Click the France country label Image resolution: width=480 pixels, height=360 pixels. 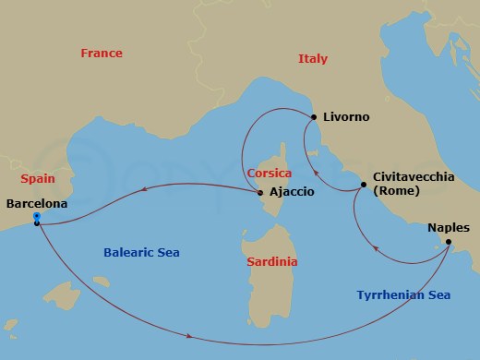pyautogui.click(x=101, y=54)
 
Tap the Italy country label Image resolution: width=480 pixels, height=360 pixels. pyautogui.click(x=313, y=59)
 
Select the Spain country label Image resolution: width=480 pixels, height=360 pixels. pyautogui.click(x=37, y=179)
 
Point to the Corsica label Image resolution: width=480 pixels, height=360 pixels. pyautogui.click(x=270, y=174)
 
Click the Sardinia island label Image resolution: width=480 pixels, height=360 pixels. pyautogui.click(x=272, y=262)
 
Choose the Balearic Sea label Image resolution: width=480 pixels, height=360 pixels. pyautogui.click(x=142, y=252)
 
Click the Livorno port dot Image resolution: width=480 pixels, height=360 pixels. pyautogui.click(x=314, y=117)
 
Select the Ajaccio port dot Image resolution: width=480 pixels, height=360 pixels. pyautogui.click(x=260, y=193)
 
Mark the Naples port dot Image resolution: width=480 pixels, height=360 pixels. pyautogui.click(x=449, y=243)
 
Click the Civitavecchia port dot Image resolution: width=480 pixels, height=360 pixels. pyautogui.click(x=364, y=186)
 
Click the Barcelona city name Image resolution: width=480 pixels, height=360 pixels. pyautogui.click(x=36, y=203)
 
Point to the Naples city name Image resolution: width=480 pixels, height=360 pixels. pyautogui.click(x=449, y=228)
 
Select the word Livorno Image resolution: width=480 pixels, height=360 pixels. pyautogui.click(x=346, y=117)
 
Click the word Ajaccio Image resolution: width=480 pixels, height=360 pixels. pyautogui.click(x=292, y=193)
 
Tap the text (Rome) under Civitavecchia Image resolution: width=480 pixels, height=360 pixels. pyautogui.click(x=397, y=191)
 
